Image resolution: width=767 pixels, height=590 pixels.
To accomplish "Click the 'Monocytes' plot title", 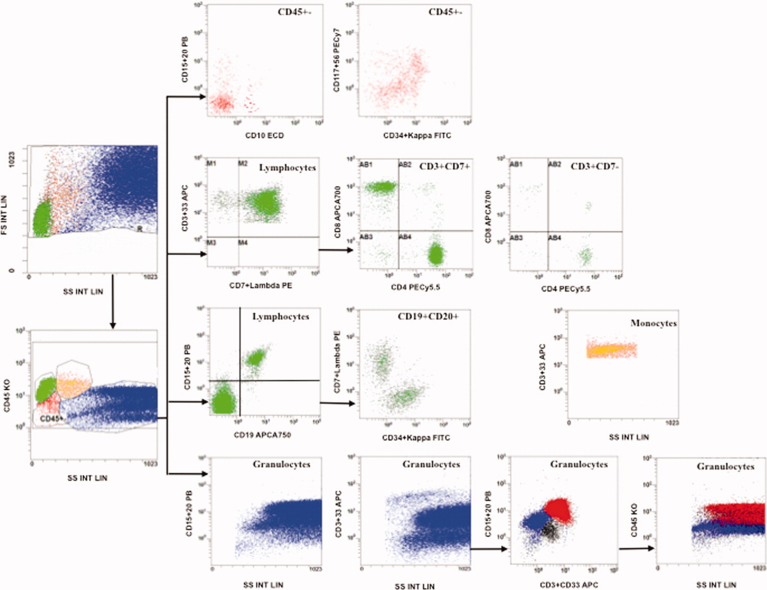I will [654, 323].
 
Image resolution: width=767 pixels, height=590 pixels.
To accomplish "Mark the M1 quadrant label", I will [212, 164].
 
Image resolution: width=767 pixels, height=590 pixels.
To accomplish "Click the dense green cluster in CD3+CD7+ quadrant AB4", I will [435, 255].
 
